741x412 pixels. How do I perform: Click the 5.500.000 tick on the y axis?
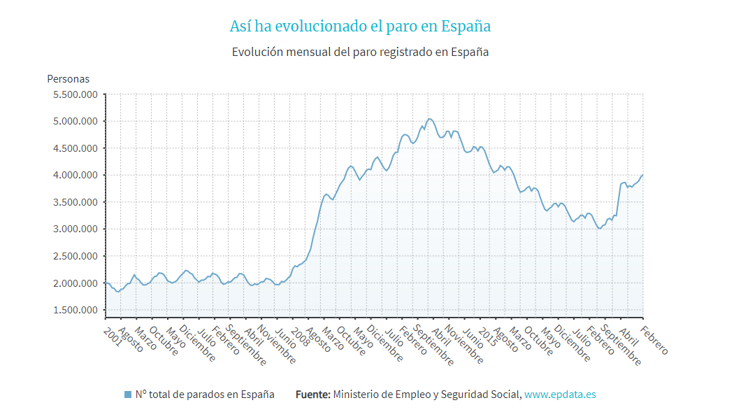75,94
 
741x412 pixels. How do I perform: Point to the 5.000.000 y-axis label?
75,122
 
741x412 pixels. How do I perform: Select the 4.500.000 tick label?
75,148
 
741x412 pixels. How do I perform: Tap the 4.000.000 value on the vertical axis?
75,176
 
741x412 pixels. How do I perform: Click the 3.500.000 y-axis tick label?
75,202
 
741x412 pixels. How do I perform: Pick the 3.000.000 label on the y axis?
75,229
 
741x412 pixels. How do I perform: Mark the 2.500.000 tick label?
75,256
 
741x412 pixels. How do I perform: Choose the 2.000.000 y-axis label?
75,283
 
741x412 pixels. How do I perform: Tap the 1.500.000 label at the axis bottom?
75,310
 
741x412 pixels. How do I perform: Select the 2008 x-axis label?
300,330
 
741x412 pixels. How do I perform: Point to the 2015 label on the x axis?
487,330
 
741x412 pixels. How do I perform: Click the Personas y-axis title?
68,79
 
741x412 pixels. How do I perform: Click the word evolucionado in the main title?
321,27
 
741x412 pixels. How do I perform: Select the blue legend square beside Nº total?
127,395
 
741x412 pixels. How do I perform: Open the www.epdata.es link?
560,395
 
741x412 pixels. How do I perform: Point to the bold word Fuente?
312,395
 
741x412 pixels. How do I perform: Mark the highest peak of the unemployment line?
429,119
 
